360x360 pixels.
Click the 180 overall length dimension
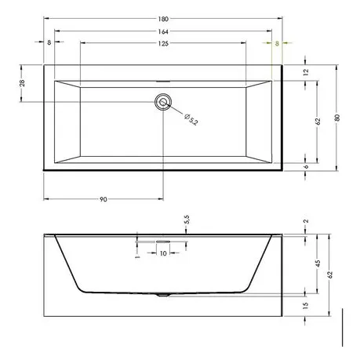[x=163, y=19]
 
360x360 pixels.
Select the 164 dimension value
[x=163, y=31]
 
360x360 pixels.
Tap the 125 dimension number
[x=163, y=43]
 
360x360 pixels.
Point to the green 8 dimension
[x=277, y=43]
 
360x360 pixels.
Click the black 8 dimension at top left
[x=49, y=42]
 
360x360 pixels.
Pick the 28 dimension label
[x=22, y=83]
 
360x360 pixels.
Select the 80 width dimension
[x=337, y=118]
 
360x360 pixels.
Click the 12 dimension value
[x=306, y=72]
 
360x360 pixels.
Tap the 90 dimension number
[x=104, y=199]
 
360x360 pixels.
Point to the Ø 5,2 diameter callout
[x=191, y=119]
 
